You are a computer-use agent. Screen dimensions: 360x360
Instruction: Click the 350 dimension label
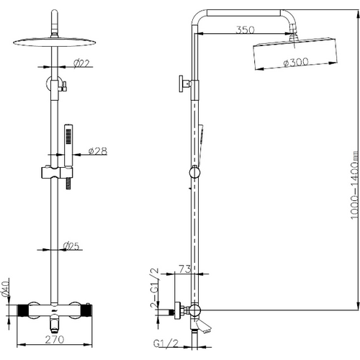click(x=245, y=30)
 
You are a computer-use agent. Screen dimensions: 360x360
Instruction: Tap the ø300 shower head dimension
click(x=295, y=62)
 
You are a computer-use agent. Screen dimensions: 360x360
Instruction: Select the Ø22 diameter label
click(x=81, y=63)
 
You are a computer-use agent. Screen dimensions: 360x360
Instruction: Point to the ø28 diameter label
click(x=98, y=151)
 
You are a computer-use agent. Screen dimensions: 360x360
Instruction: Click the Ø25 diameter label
click(x=71, y=246)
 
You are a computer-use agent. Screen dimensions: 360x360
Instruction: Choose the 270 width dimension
click(x=55, y=339)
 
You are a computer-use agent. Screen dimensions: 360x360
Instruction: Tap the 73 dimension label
click(x=185, y=269)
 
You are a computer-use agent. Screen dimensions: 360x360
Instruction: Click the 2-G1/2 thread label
click(x=154, y=288)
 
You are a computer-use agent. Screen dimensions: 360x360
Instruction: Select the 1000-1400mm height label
click(x=354, y=185)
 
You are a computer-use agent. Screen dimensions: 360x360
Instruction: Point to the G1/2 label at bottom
click(x=166, y=343)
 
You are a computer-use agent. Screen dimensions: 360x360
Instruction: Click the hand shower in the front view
click(x=68, y=145)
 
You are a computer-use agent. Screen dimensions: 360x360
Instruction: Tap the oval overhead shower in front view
click(x=55, y=42)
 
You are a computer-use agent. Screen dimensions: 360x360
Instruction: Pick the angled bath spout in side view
click(x=203, y=326)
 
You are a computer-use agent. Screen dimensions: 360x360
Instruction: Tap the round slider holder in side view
click(x=194, y=172)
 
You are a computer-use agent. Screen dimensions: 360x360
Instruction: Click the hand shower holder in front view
click(x=57, y=173)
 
